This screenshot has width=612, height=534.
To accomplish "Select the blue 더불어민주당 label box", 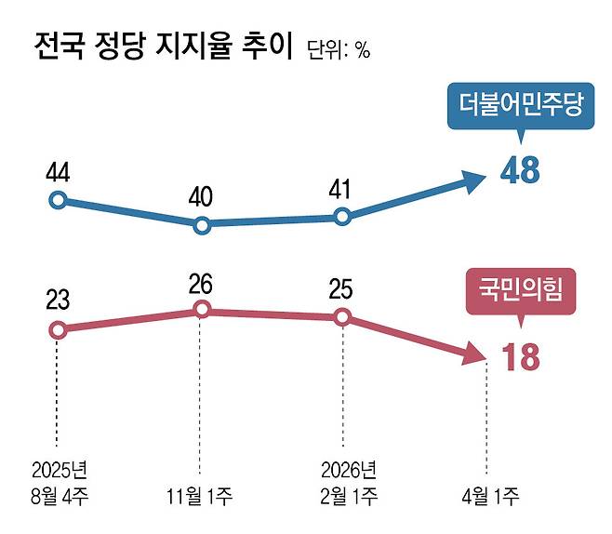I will click(519, 105).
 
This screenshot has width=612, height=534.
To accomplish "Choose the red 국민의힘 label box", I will click(519, 296).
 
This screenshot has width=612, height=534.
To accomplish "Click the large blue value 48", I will click(519, 171).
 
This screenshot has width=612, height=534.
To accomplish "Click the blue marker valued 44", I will click(58, 199).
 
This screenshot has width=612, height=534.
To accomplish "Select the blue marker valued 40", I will click(200, 224).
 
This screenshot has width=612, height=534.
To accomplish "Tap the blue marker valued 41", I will click(342, 217).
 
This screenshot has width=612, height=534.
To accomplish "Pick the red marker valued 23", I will click(58, 329).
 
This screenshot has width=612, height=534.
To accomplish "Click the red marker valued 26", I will click(200, 310).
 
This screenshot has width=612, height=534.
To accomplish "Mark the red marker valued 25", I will click(342, 317).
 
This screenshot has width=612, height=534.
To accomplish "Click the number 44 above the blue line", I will click(58, 174).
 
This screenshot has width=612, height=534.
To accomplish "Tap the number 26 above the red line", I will click(200, 284).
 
